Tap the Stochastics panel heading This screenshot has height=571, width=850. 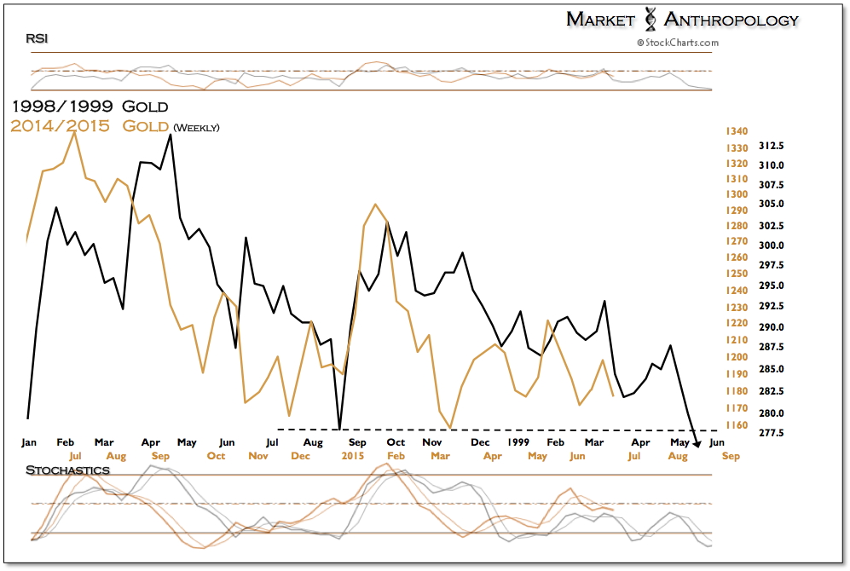click(67, 470)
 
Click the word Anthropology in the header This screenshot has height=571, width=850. click(732, 19)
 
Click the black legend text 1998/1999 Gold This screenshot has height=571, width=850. click(90, 107)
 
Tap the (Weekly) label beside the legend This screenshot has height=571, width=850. click(196, 128)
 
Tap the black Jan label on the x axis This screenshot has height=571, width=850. click(28, 442)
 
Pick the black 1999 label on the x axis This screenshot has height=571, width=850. click(518, 442)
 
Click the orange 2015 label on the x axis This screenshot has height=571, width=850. click(351, 456)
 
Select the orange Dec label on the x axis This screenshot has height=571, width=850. click(300, 456)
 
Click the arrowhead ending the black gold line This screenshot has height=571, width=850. click(697, 442)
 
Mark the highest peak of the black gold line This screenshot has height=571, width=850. click(171, 135)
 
